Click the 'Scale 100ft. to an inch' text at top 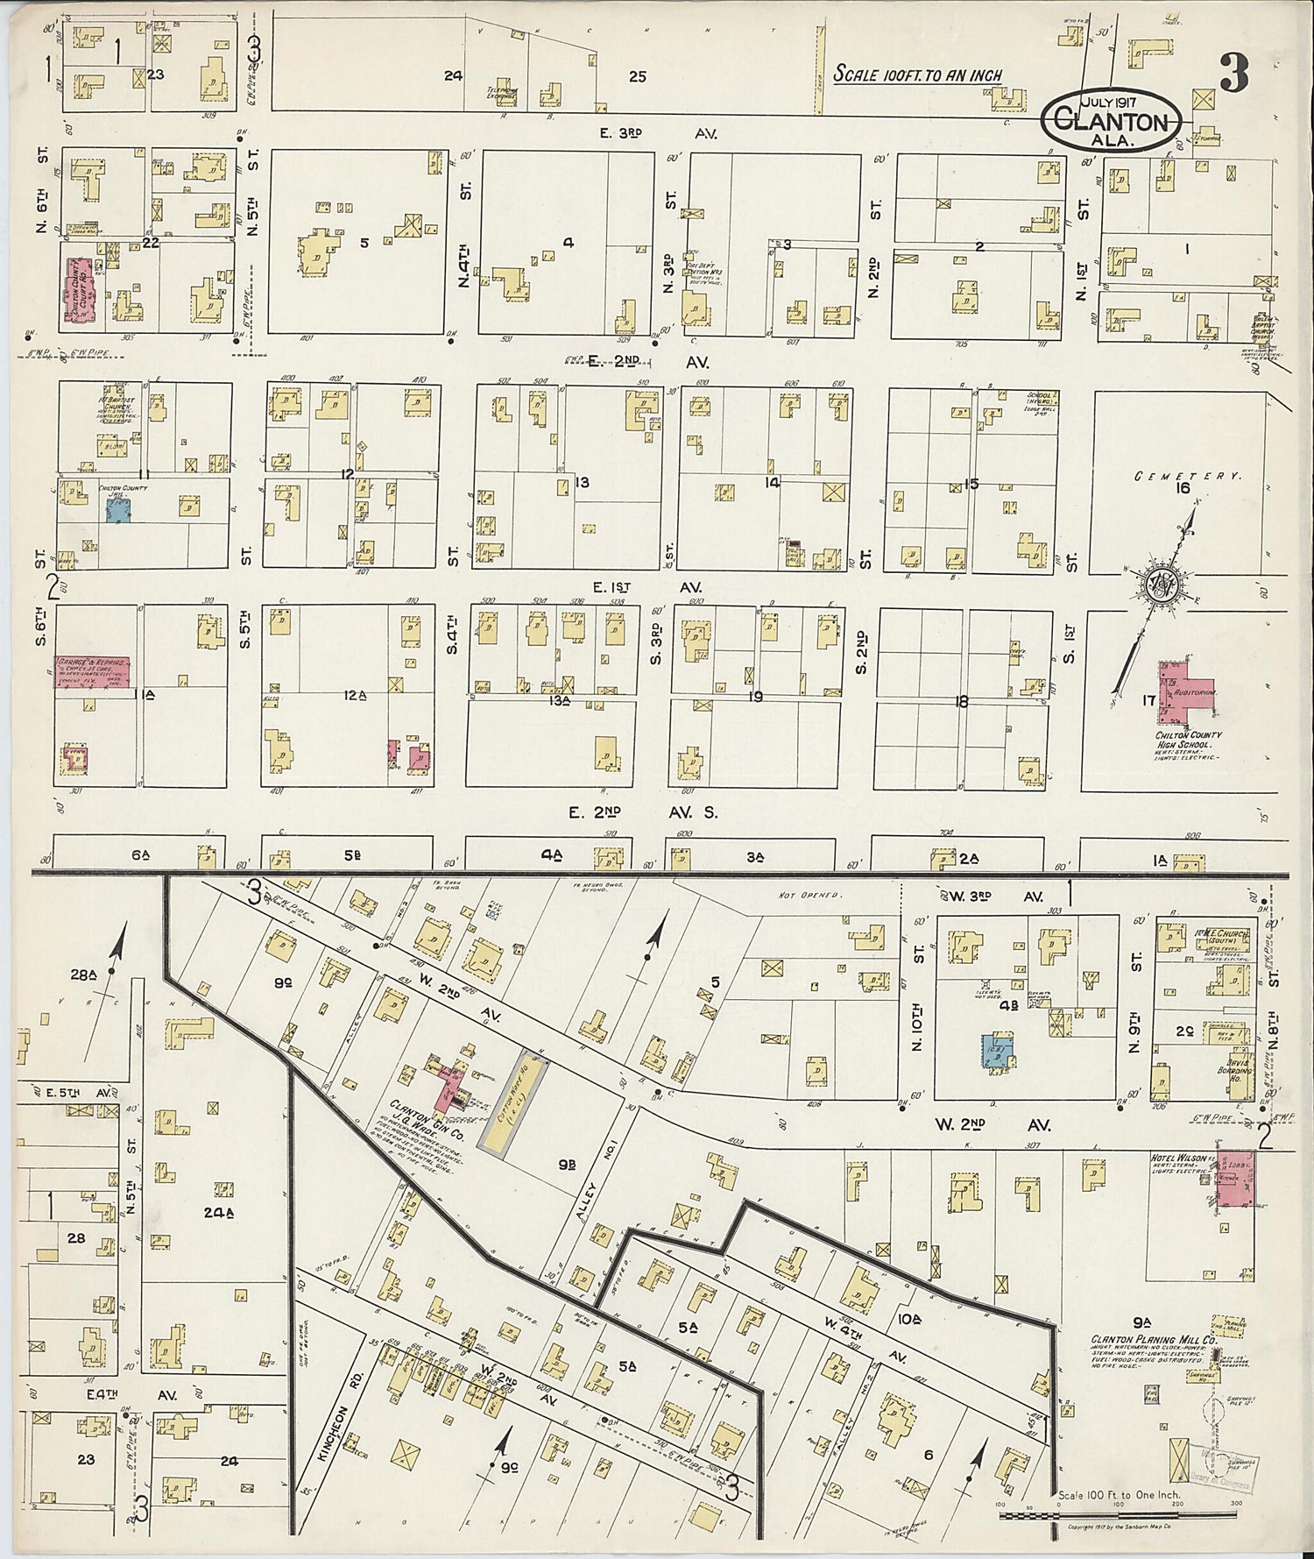coord(917,74)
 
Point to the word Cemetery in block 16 coord(1188,476)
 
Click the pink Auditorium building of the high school coord(1184,689)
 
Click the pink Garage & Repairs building coord(93,670)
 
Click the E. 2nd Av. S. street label coord(642,812)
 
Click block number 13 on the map coord(582,482)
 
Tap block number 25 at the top coord(637,77)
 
